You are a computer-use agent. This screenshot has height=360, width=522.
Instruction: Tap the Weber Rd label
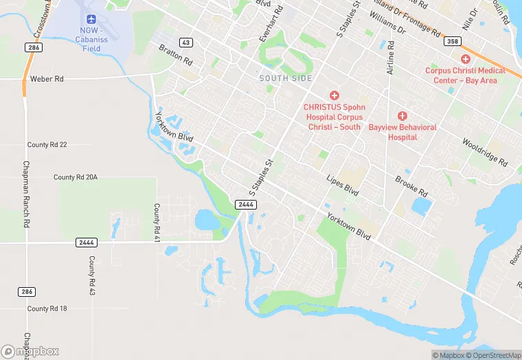click(x=47, y=80)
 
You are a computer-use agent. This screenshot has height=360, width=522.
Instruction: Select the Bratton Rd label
click(x=176, y=54)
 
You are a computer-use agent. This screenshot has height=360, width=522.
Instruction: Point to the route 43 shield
click(x=187, y=43)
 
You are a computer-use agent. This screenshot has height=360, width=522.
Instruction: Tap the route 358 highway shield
click(x=451, y=42)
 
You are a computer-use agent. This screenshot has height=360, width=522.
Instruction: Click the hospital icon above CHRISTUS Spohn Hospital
click(x=334, y=95)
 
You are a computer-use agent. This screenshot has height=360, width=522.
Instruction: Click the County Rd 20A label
click(x=76, y=177)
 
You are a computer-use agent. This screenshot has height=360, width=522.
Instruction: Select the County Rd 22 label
click(x=47, y=145)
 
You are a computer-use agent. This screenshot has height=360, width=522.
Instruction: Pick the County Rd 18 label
click(x=47, y=309)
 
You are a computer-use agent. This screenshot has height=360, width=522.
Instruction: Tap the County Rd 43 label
click(x=91, y=277)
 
